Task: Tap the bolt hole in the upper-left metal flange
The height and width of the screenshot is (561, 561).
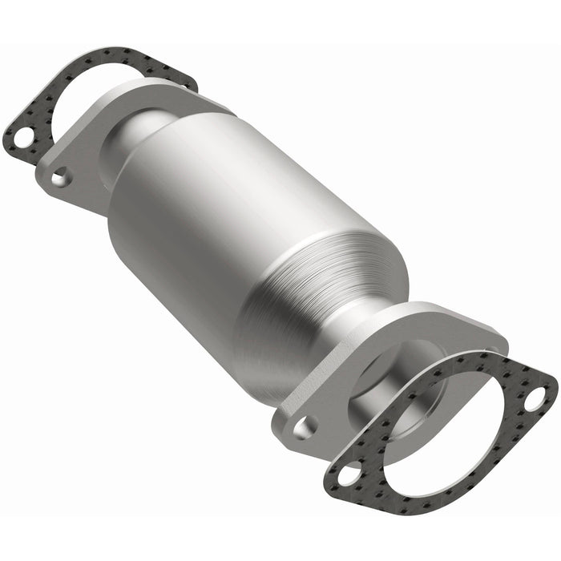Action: coord(60,176)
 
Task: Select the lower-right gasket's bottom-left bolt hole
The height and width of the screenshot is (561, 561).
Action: coord(348,474)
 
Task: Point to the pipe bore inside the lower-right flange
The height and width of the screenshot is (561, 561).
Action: coord(401,377)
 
